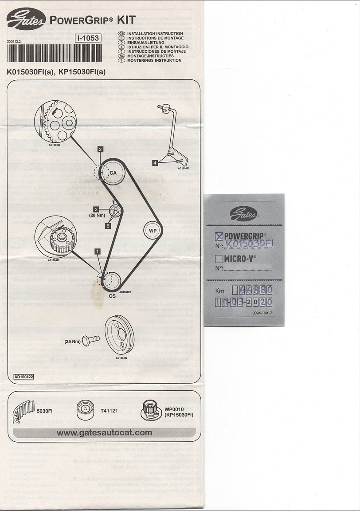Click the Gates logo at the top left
coord(26,19)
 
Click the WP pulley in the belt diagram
coord(152,231)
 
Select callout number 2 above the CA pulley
coord(101,149)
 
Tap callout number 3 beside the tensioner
coord(96,209)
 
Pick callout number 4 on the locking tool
coord(155,163)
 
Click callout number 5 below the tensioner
coord(108,226)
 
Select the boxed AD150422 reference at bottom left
coord(23,377)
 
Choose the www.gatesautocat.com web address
coord(104,432)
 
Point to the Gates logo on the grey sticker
coord(244,214)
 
